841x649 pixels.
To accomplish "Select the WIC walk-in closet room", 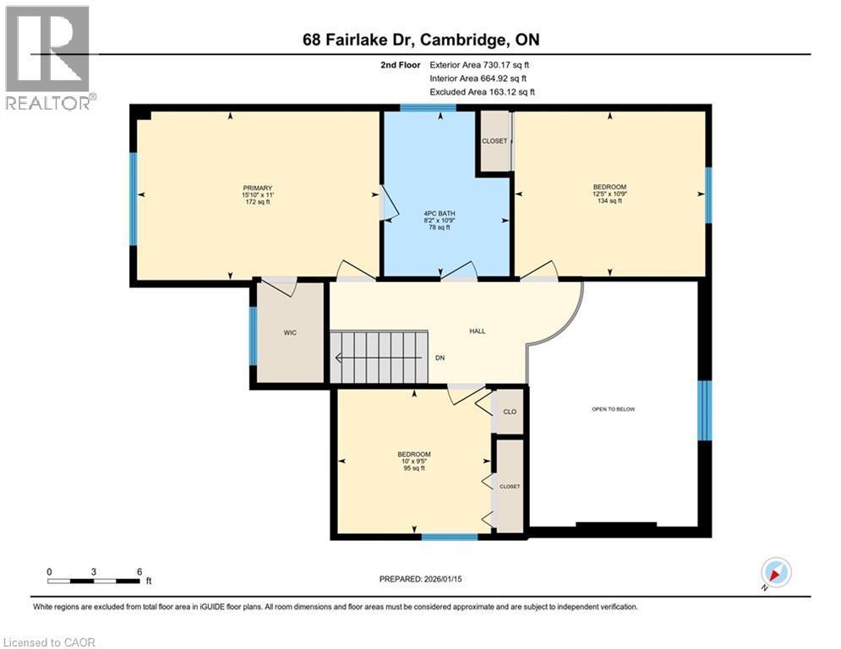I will click(x=290, y=333).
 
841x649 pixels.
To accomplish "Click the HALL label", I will click(x=478, y=331).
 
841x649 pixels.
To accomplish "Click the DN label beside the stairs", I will click(x=440, y=357).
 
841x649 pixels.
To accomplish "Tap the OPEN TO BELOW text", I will click(x=613, y=409).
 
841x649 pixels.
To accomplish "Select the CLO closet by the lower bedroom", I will click(x=510, y=412).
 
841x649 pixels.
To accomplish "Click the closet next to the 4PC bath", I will click(x=494, y=141).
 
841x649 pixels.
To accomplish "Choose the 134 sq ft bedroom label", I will click(x=609, y=194).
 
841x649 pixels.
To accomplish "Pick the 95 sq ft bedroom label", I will click(x=414, y=461).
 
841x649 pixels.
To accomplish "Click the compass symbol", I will click(x=775, y=573).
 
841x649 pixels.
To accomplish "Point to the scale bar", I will click(x=94, y=581).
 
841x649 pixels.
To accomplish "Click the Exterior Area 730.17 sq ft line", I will click(x=480, y=64).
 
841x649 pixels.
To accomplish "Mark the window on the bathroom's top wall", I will click(x=428, y=108).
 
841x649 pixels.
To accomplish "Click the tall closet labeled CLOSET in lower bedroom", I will click(x=510, y=487).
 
